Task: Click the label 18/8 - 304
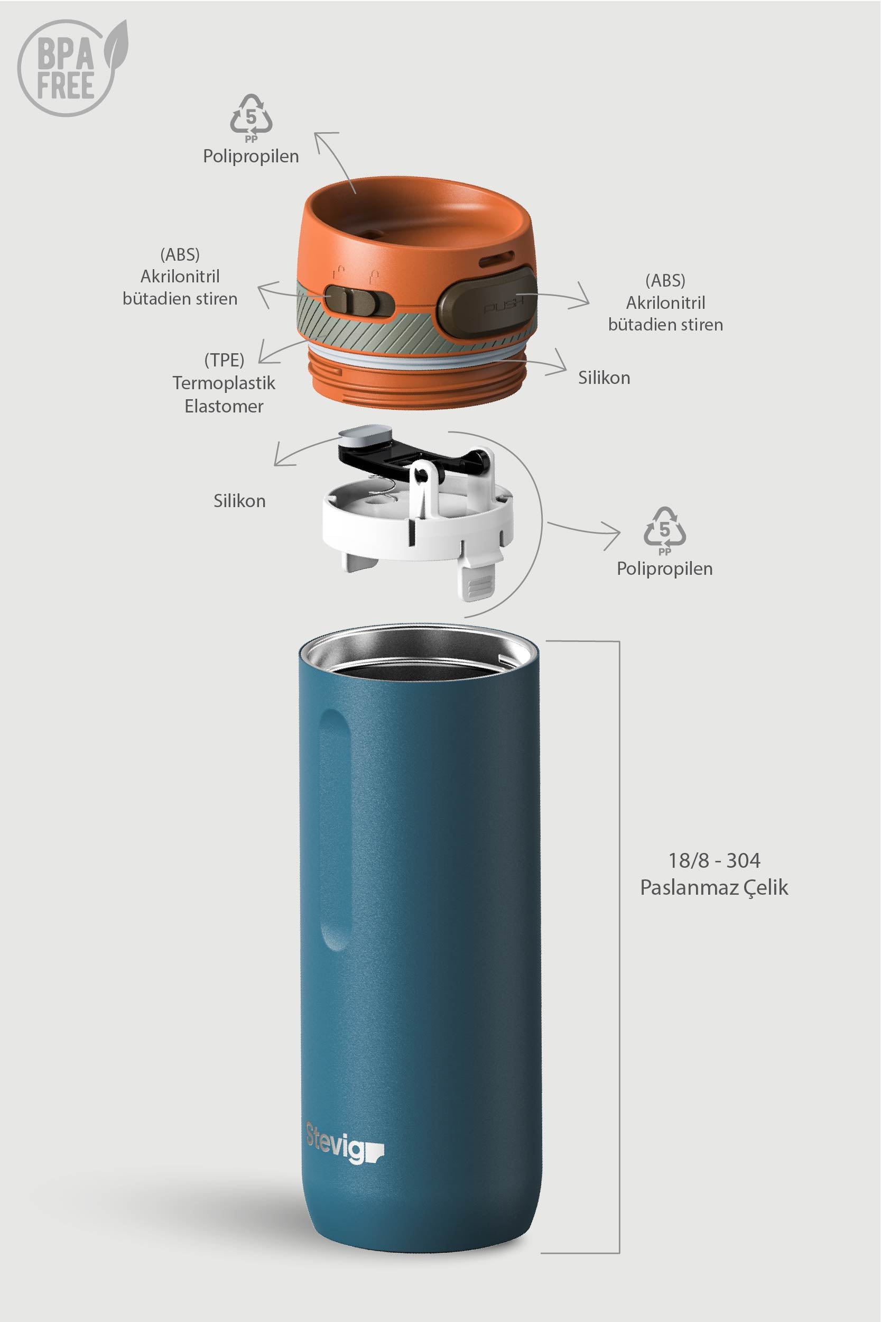713,860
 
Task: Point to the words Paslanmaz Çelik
713,887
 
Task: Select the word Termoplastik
224,383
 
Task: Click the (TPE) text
224,360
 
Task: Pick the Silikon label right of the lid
604,378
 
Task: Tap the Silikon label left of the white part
239,501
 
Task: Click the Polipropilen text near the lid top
251,156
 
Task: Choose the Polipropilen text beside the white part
665,569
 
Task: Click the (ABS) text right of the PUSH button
665,280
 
